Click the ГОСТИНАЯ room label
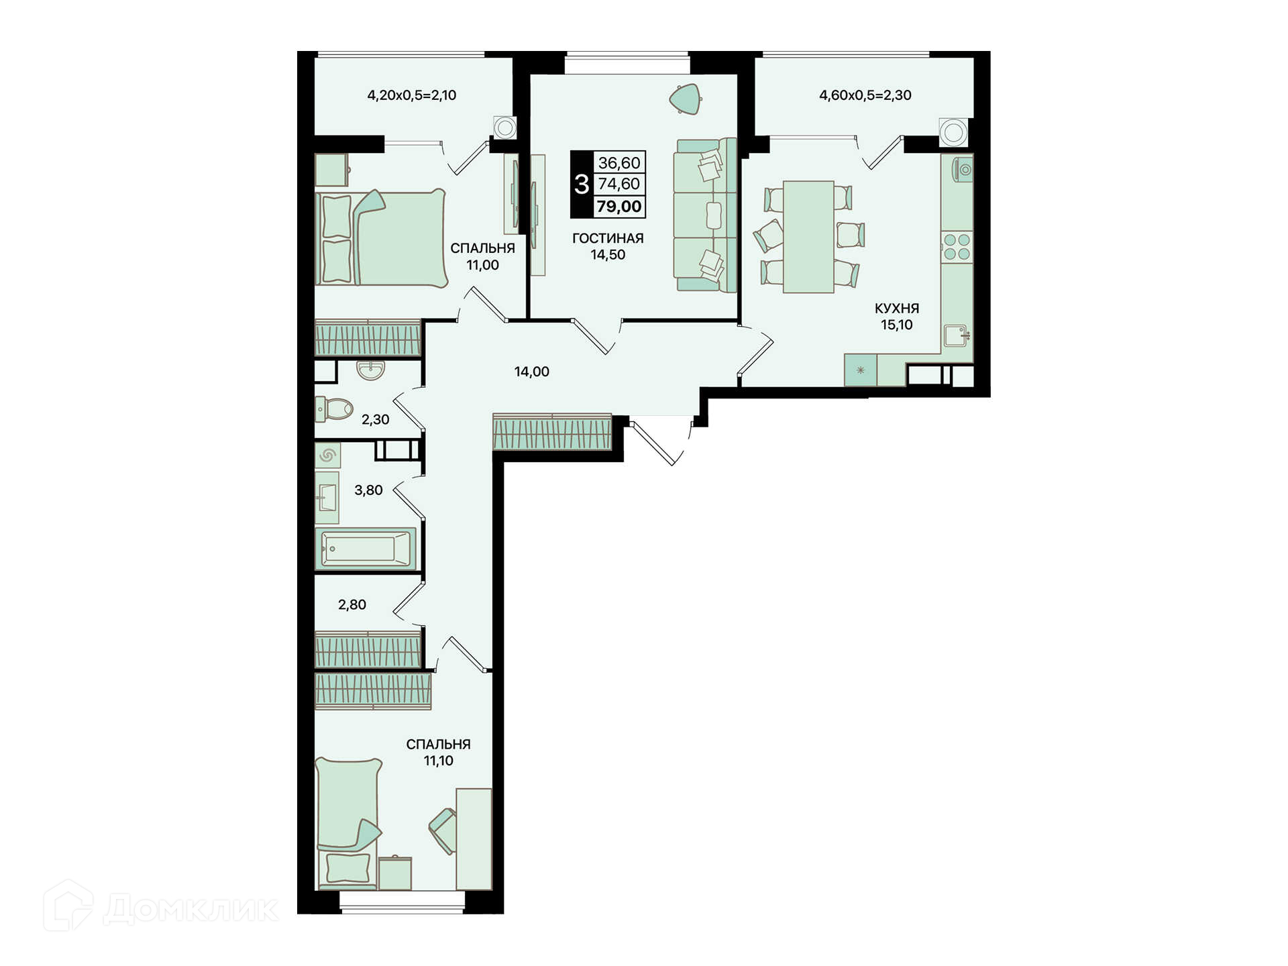[608, 238]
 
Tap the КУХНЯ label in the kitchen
[896, 309]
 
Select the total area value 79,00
[619, 207]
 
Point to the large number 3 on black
[582, 184]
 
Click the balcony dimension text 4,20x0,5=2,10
[411, 95]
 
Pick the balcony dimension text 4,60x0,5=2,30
[865, 95]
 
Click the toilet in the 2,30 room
[333, 408]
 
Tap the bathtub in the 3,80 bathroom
[366, 548]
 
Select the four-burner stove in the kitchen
[957, 246]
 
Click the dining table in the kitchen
[808, 237]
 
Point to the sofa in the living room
[705, 215]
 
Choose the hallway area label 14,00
[531, 372]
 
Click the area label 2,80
[352, 605]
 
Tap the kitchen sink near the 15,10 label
[956, 335]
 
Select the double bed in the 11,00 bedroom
[380, 238]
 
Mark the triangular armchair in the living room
[686, 99]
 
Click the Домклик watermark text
[191, 910]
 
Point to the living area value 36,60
[619, 163]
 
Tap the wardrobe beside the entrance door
[552, 431]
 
